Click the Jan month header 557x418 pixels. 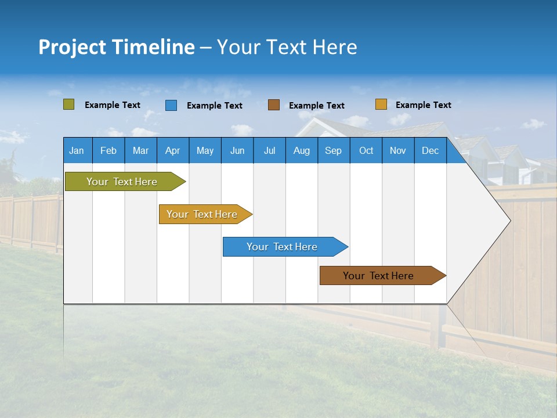pyautogui.click(x=77, y=150)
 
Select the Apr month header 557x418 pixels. pyautogui.click(x=172, y=150)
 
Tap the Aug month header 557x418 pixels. pyautogui.click(x=301, y=150)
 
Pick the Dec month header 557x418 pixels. pyautogui.click(x=430, y=150)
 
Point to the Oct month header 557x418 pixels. pyautogui.click(x=366, y=150)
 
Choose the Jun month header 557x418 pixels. pyautogui.click(x=237, y=150)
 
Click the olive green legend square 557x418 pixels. pyautogui.click(x=68, y=105)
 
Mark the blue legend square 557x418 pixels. pyautogui.click(x=171, y=105)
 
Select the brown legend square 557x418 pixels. pyautogui.click(x=274, y=105)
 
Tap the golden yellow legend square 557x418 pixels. pyautogui.click(x=381, y=105)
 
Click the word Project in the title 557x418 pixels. pyautogui.click(x=72, y=47)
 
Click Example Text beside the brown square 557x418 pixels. pyautogui.click(x=316, y=106)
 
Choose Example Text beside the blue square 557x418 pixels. pyautogui.click(x=214, y=106)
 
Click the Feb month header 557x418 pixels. pyautogui.click(x=108, y=150)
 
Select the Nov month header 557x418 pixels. pyautogui.click(x=398, y=150)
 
